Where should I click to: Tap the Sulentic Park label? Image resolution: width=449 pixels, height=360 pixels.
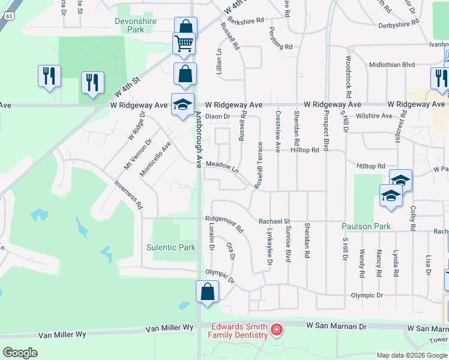click(x=171, y=247)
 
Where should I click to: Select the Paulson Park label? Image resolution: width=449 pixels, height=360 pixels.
click(x=366, y=226)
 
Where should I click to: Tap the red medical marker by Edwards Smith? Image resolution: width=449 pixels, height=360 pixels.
click(x=276, y=329)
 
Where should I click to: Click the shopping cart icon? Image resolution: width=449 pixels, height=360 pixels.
click(x=184, y=43)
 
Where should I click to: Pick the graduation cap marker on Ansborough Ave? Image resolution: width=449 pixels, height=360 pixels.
click(x=182, y=104)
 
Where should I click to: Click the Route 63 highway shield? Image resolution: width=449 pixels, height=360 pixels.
click(x=7, y=5)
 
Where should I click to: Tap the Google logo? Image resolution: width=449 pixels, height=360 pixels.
click(x=20, y=353)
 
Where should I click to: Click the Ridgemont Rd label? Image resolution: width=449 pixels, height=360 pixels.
click(x=224, y=223)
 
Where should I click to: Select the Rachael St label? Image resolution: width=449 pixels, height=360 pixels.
click(x=274, y=221)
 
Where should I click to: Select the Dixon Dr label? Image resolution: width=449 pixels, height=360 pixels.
click(x=217, y=116)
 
